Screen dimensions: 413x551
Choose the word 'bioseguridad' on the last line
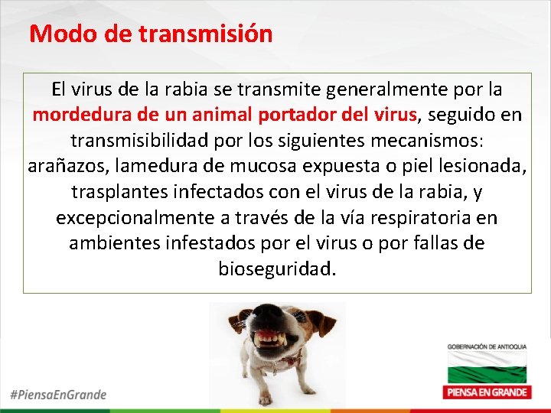(x=276, y=269)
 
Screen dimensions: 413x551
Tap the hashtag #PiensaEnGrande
(x=58, y=395)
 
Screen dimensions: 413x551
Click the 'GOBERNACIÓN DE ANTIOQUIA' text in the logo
(x=487, y=348)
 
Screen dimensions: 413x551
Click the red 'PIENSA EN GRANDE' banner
(x=487, y=392)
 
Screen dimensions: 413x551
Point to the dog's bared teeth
(x=269, y=337)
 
